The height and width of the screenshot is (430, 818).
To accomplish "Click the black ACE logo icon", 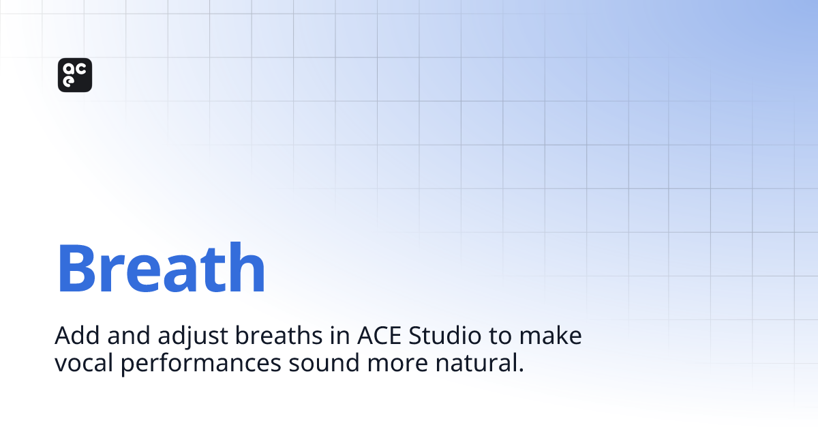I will coord(75,75).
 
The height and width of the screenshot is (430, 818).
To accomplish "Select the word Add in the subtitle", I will coord(72,336).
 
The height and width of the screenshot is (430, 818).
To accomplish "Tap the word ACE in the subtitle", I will coord(373,336).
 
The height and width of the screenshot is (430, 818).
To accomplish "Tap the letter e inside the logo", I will coord(69,81).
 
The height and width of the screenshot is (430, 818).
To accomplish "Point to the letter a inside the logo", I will coord(69,69).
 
